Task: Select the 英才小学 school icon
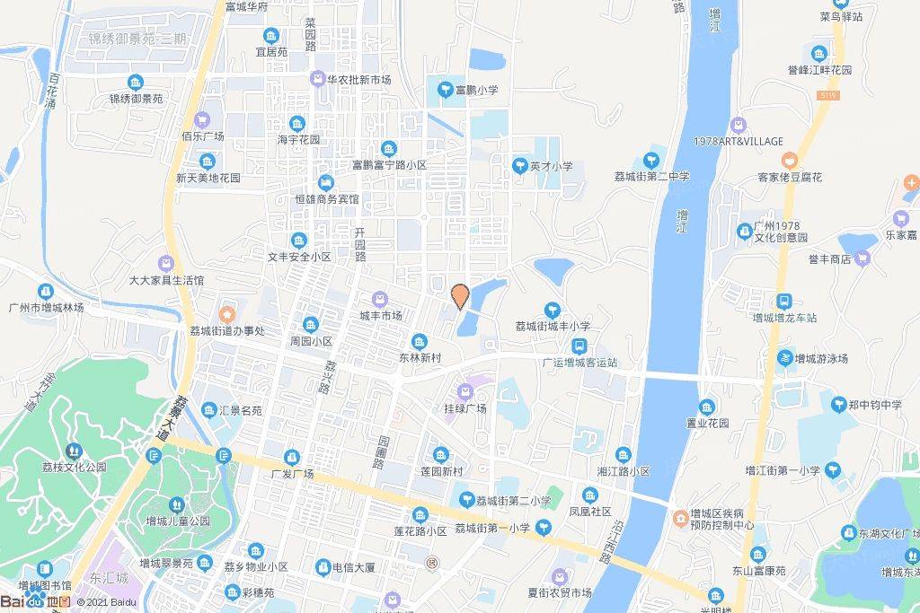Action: pyautogui.click(x=519, y=165)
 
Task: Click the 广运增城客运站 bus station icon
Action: pyautogui.click(x=580, y=346)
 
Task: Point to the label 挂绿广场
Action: pyautogui.click(x=464, y=408)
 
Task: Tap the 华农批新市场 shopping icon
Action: pyautogui.click(x=318, y=79)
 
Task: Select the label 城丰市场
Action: pyautogui.click(x=381, y=315)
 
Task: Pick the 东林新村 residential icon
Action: pyautogui.click(x=420, y=341)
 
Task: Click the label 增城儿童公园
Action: pyautogui.click(x=178, y=521)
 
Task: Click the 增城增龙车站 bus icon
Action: pyautogui.click(x=784, y=302)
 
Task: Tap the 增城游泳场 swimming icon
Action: pyautogui.click(x=786, y=358)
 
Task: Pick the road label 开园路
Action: pyautogui.click(x=360, y=243)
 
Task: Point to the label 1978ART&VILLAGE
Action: pyautogui.click(x=739, y=141)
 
